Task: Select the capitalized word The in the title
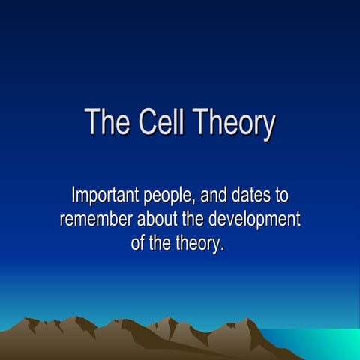[103, 122]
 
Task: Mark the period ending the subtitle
[223, 250]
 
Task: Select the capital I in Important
[73, 196]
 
